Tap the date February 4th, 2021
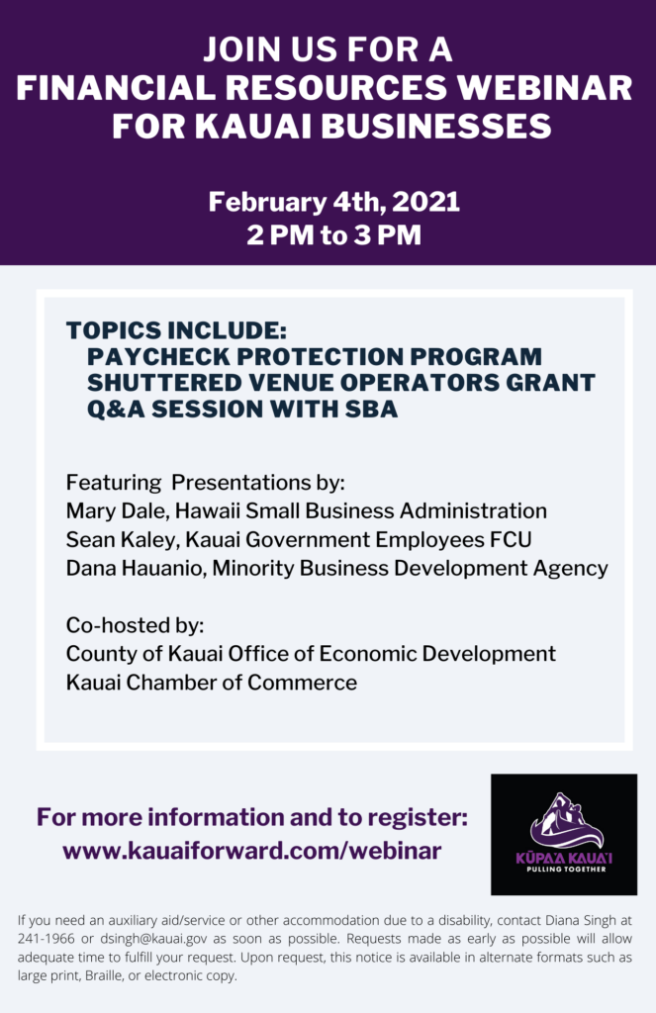pyautogui.click(x=334, y=202)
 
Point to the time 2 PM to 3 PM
pyautogui.click(x=333, y=234)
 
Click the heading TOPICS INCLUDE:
pyautogui.click(x=176, y=330)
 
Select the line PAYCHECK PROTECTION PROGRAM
pyautogui.click(x=314, y=356)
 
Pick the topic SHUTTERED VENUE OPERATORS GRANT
pyautogui.click(x=340, y=383)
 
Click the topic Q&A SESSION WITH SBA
pyautogui.click(x=242, y=409)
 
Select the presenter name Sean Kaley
pyautogui.click(x=120, y=540)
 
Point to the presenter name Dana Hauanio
pyautogui.click(x=136, y=569)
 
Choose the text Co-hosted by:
pyautogui.click(x=136, y=625)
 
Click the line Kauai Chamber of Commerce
pyautogui.click(x=212, y=683)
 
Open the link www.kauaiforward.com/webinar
pyautogui.click(x=252, y=850)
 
